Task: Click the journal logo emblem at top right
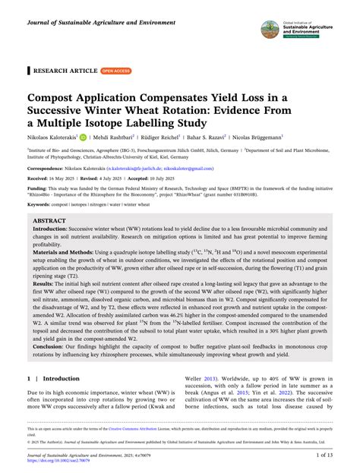tap(270, 28)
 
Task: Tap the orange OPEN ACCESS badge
tap(116, 71)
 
